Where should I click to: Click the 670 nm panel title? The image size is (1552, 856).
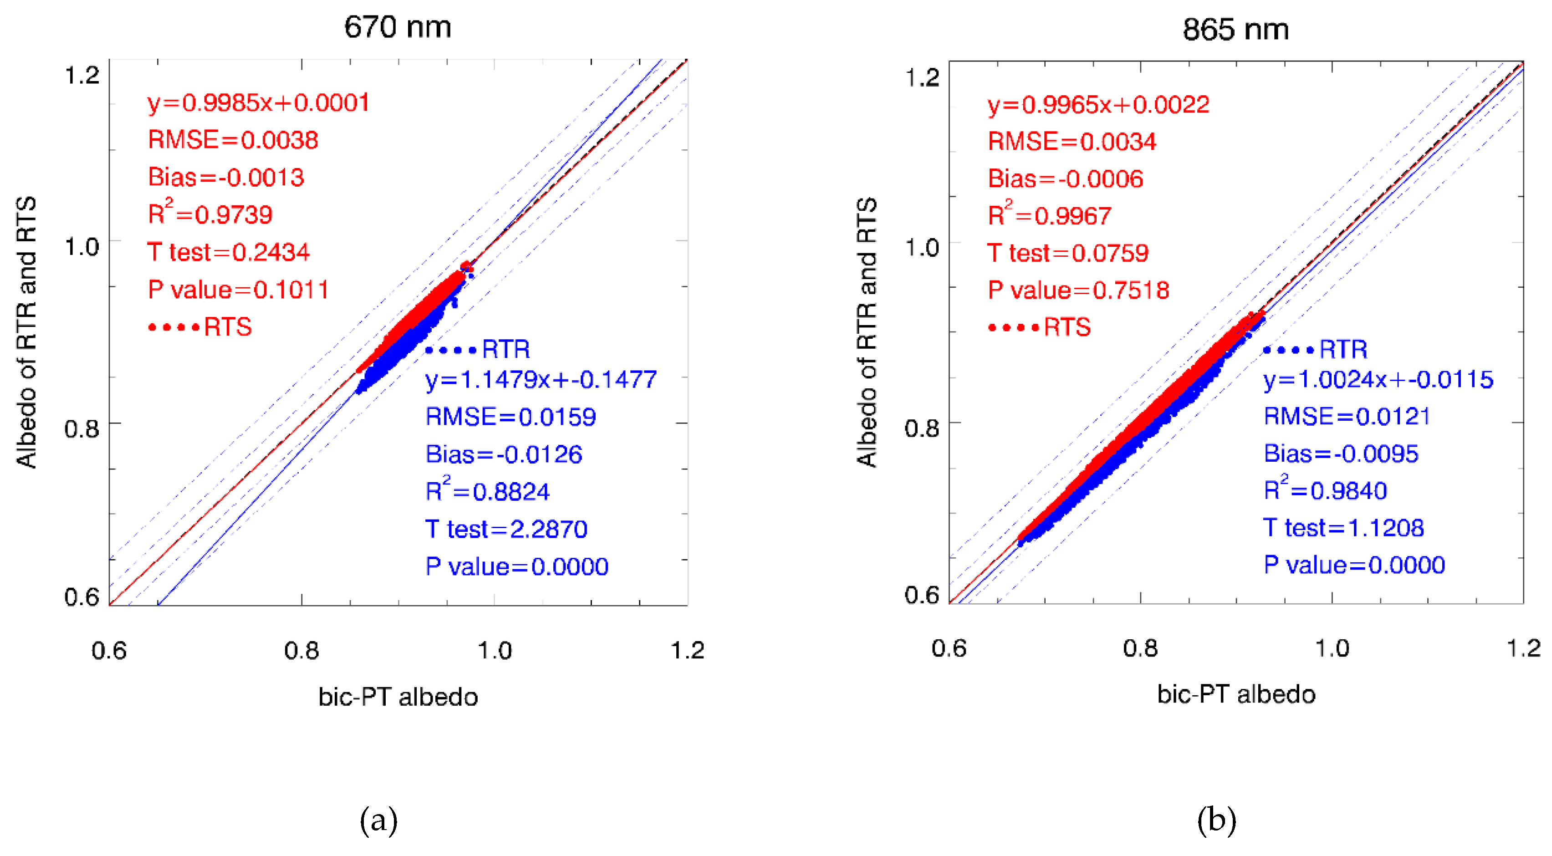(x=397, y=27)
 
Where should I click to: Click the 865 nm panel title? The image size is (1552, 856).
(x=1235, y=29)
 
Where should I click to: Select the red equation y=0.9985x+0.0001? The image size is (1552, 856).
(x=259, y=103)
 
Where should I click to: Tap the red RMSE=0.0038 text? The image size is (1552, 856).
(x=233, y=140)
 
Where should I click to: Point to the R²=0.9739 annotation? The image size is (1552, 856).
(x=210, y=214)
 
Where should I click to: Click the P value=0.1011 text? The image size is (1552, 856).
(x=239, y=290)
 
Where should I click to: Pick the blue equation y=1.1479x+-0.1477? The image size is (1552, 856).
(x=541, y=379)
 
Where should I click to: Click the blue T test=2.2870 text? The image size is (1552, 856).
(x=506, y=529)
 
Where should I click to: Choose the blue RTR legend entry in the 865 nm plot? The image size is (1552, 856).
(x=1315, y=349)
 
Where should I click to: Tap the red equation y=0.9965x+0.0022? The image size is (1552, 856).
(x=1098, y=105)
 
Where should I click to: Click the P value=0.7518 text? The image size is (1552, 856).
(x=1078, y=290)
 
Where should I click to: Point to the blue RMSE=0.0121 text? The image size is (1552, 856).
(x=1347, y=416)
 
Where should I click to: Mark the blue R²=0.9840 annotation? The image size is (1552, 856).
(x=1325, y=490)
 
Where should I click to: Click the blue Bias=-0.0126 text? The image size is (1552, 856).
(x=504, y=454)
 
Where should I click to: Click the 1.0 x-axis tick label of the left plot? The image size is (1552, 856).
(x=494, y=651)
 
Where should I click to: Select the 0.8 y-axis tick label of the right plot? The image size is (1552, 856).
(x=921, y=428)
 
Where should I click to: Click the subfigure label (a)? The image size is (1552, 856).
(x=378, y=820)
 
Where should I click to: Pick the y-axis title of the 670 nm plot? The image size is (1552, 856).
(x=26, y=332)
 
